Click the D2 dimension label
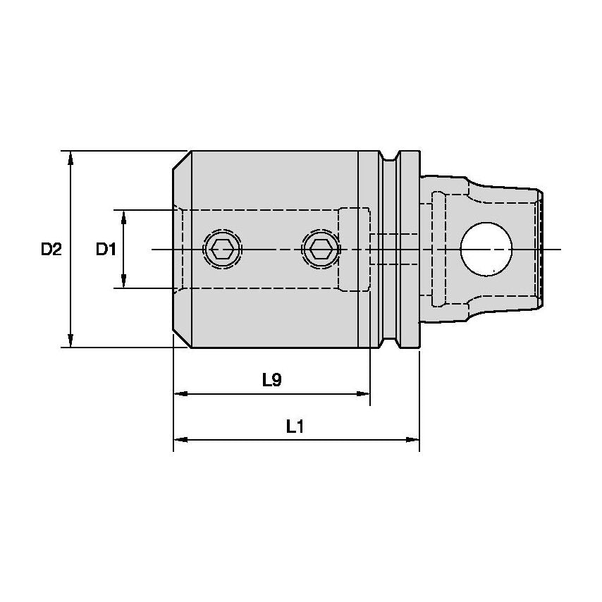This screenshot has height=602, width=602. [51, 249]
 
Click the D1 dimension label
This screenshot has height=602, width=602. [105, 249]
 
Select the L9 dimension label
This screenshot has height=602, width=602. [271, 381]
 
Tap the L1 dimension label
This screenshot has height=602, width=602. [295, 426]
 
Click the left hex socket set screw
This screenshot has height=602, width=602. [223, 249]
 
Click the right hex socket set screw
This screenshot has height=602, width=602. [321, 249]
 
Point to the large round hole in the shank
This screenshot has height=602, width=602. [486, 249]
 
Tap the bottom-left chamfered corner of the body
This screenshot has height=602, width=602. [182, 339]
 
